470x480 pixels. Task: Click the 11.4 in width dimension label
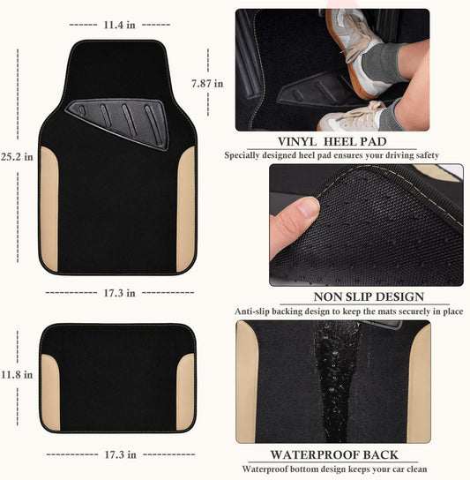click(x=119, y=25)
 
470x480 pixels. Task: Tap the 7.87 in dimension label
click(x=207, y=84)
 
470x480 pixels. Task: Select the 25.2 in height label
click(x=17, y=157)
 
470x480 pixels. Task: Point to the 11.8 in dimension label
click(x=17, y=375)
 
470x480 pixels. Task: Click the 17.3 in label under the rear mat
click(x=120, y=454)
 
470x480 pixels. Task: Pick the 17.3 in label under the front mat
click(x=119, y=293)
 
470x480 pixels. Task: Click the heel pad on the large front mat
click(x=119, y=123)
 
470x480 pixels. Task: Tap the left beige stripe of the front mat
click(x=49, y=209)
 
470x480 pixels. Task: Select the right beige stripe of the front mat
click(x=186, y=209)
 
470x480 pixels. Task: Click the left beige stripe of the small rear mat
click(x=50, y=393)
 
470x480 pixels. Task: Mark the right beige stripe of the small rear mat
click(x=185, y=392)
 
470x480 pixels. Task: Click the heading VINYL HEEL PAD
click(x=332, y=142)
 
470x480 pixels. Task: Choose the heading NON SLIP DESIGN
click(x=369, y=297)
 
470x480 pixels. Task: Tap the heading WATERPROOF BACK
click(x=334, y=455)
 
